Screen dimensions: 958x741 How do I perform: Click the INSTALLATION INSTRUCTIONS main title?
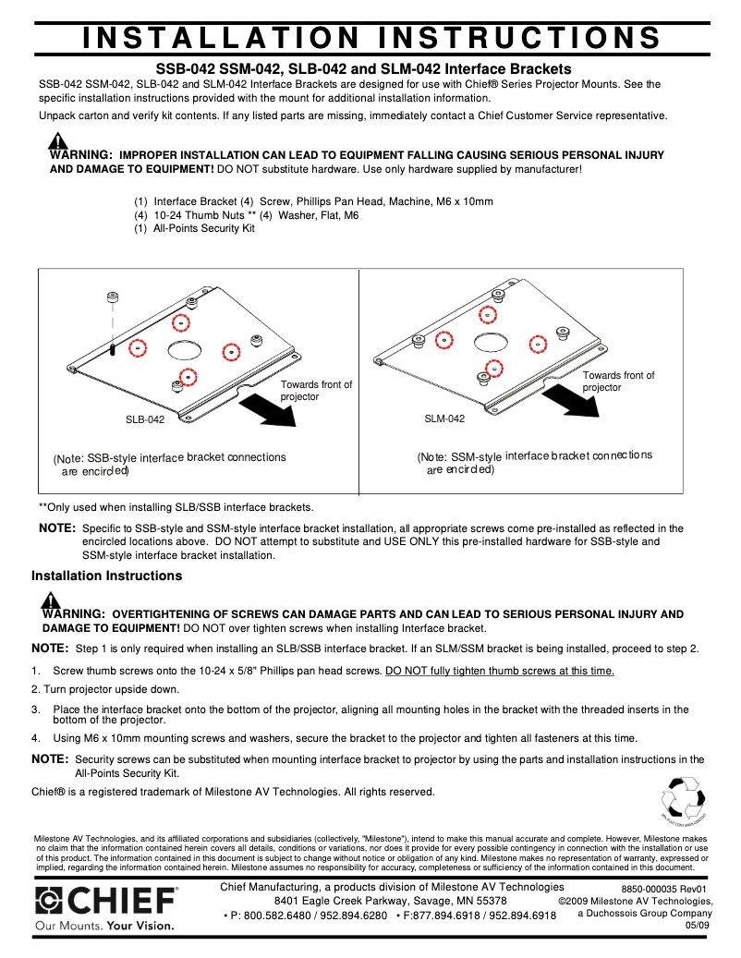(x=371, y=37)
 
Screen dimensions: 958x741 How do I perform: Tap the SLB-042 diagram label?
(x=145, y=419)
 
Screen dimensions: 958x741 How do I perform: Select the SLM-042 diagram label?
(x=444, y=418)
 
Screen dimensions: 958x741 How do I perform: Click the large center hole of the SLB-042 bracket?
(x=185, y=350)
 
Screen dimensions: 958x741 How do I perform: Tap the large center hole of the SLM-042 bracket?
(x=490, y=343)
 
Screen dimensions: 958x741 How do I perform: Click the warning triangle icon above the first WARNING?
(x=58, y=141)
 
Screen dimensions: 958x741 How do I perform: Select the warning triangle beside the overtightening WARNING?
(x=53, y=601)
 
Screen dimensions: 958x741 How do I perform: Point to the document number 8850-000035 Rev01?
(x=663, y=889)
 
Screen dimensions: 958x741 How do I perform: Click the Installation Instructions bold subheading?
(x=107, y=576)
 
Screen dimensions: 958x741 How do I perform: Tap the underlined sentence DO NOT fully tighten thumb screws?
(x=499, y=671)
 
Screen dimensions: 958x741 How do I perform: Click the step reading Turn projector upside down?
(x=105, y=689)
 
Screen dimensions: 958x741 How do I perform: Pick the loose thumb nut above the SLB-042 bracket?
(x=112, y=297)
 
